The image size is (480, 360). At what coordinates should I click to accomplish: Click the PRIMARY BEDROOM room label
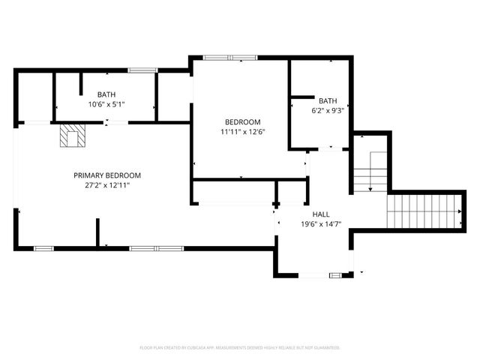106,175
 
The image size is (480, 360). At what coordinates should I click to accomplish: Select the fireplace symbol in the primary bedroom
73,136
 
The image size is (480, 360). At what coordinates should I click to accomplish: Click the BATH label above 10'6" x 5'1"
106,94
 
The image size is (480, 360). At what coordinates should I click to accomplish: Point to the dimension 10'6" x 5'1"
106,104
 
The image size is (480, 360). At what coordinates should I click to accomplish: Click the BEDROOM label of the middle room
242,122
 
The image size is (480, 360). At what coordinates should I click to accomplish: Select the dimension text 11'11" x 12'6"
242,132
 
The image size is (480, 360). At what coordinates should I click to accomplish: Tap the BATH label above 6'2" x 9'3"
328,101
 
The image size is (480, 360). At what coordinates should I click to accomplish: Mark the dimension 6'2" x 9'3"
328,111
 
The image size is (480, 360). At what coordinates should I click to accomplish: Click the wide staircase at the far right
424,211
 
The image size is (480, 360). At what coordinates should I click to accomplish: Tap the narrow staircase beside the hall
370,171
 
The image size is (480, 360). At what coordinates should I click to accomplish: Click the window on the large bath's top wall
141,70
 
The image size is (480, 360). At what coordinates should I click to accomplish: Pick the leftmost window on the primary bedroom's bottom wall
43,247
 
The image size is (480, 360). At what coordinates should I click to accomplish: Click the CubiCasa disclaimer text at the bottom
240,348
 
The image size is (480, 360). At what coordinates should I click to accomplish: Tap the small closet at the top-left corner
34,96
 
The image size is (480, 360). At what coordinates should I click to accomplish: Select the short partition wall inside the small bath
302,96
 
